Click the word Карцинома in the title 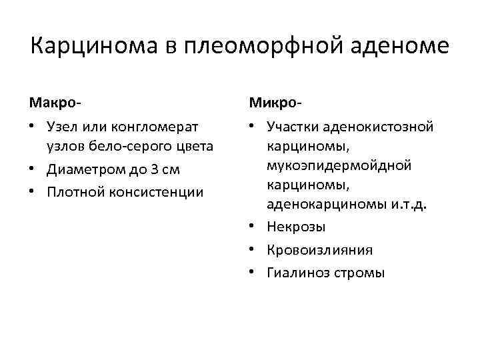click(93, 47)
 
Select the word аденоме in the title click(399, 47)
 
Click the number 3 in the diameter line click(153, 169)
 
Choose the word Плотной click(72, 193)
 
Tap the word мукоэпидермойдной click(339, 165)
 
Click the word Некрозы click(296, 227)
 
